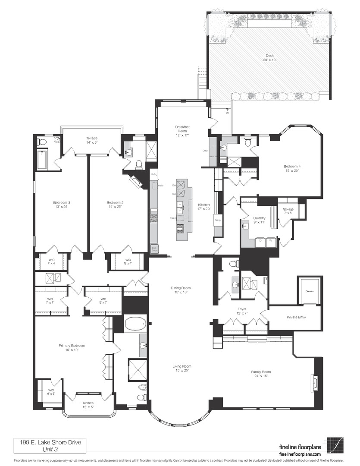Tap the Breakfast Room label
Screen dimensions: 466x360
pos(183,130)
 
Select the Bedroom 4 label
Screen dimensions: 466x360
pos(292,168)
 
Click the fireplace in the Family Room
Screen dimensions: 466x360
pos(314,382)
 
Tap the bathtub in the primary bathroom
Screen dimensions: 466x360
pos(135,323)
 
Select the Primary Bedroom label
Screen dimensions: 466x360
pos(72,348)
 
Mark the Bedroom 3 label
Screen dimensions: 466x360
pos(62,205)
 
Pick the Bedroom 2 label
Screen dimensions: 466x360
pos(115,205)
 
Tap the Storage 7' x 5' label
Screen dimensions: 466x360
pos(288,211)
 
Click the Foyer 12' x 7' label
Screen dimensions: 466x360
pos(242,312)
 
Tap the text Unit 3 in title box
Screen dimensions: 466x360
pos(50,449)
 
